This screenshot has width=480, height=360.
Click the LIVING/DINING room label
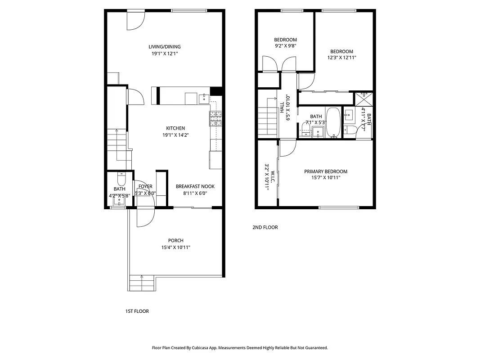point(165,47)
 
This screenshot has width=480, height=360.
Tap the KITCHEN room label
point(175,128)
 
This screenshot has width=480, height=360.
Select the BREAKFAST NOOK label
point(195,186)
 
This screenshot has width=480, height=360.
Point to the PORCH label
point(175,240)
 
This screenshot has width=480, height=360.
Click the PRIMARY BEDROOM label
point(326,171)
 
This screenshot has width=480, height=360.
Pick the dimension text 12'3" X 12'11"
point(342,58)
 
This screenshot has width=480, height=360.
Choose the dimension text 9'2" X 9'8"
point(285,45)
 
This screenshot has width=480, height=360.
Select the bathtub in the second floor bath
point(333,122)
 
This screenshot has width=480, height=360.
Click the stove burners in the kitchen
point(215,118)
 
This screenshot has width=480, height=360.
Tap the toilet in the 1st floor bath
point(120,176)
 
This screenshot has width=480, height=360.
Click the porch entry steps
point(142,283)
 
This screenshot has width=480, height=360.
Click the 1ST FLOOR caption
point(137,311)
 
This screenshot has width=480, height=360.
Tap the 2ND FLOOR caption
point(265,227)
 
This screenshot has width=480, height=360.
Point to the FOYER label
point(145,186)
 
